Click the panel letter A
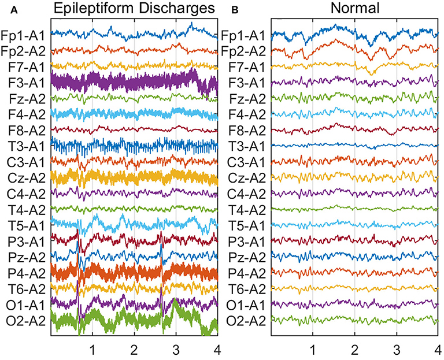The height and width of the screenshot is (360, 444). click(5, 9)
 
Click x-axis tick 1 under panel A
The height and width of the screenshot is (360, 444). click(92, 350)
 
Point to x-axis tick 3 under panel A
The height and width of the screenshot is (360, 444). click(176, 350)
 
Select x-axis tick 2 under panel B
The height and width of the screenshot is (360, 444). click(354, 350)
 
